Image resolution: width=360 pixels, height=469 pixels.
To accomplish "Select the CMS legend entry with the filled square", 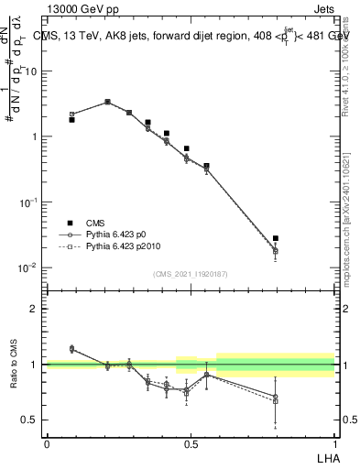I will (71, 223).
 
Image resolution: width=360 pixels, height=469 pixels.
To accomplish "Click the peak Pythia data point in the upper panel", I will (107, 102).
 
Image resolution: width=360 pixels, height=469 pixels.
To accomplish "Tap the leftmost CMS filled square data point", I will (71, 120).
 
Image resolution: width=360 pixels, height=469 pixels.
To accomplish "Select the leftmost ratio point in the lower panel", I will (71, 349).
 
